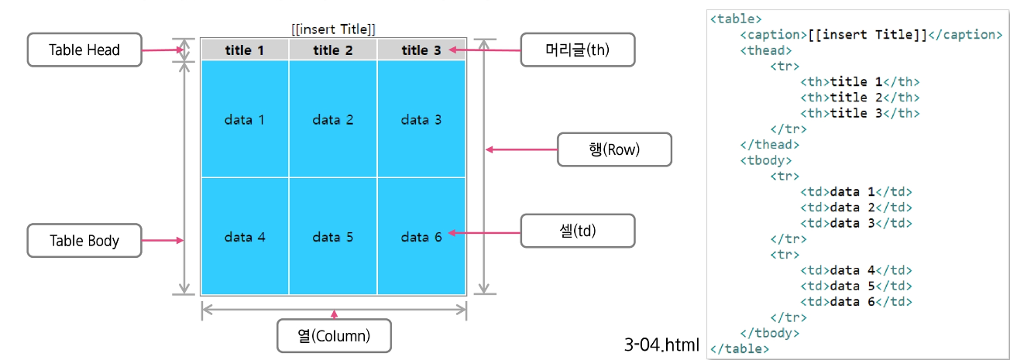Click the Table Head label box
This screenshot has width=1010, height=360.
tap(84, 50)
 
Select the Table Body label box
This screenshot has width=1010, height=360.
tap(84, 241)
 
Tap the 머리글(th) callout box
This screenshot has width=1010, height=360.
tap(578, 50)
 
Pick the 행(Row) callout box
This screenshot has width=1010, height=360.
tap(614, 149)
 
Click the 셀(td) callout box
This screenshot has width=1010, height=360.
tap(578, 231)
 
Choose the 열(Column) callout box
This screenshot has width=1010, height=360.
tap(334, 336)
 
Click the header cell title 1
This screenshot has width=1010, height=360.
tap(245, 50)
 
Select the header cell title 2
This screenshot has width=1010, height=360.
tap(333, 50)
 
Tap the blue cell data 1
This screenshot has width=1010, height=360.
tap(245, 119)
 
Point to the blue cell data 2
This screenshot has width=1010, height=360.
tap(333, 119)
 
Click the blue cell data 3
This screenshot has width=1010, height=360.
tap(421, 119)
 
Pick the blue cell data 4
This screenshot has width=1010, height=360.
tap(245, 237)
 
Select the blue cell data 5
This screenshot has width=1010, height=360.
tap(333, 237)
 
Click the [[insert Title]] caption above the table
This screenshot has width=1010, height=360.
tap(334, 29)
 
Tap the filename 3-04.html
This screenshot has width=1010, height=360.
tap(661, 344)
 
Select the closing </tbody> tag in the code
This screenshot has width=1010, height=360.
tap(770, 333)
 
